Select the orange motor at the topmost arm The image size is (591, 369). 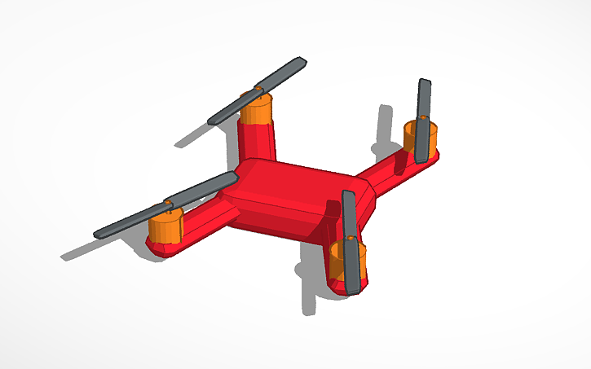[256, 112]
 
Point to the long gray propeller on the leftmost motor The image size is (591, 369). [139, 217]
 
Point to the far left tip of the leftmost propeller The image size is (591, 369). [98, 234]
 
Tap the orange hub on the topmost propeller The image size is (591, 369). [258, 89]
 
